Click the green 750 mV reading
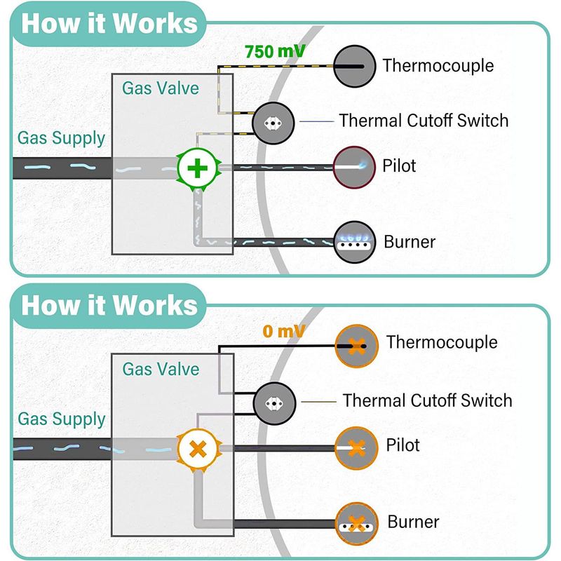[275, 51]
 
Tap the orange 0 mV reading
[284, 331]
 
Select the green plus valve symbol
[198, 168]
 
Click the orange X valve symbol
[198, 449]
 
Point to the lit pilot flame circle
[354, 167]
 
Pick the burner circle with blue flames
[354, 242]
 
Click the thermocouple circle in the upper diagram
[354, 66]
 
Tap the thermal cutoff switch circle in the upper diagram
[273, 123]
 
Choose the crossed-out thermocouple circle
[356, 346]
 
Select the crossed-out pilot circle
[356, 448]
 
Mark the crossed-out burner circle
[356, 524]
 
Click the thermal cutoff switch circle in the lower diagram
[274, 403]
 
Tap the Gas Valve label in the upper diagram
[161, 88]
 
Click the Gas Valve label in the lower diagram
[161, 369]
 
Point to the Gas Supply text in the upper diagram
[61, 138]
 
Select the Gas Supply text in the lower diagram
[62, 419]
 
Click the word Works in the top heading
[154, 23]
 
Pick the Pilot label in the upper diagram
[399, 165]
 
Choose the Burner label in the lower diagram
[413, 522]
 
